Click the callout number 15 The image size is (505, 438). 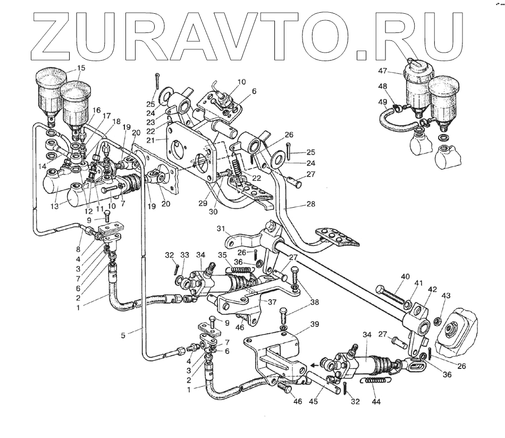[x=81, y=68]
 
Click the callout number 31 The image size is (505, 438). [x=221, y=229]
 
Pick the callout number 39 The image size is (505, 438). [x=315, y=324]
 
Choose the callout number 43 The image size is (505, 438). [x=445, y=295]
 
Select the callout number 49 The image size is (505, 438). [x=382, y=102]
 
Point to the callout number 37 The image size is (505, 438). [x=272, y=301]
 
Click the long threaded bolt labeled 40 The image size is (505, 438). [x=391, y=297]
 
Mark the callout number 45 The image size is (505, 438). [x=315, y=401]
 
